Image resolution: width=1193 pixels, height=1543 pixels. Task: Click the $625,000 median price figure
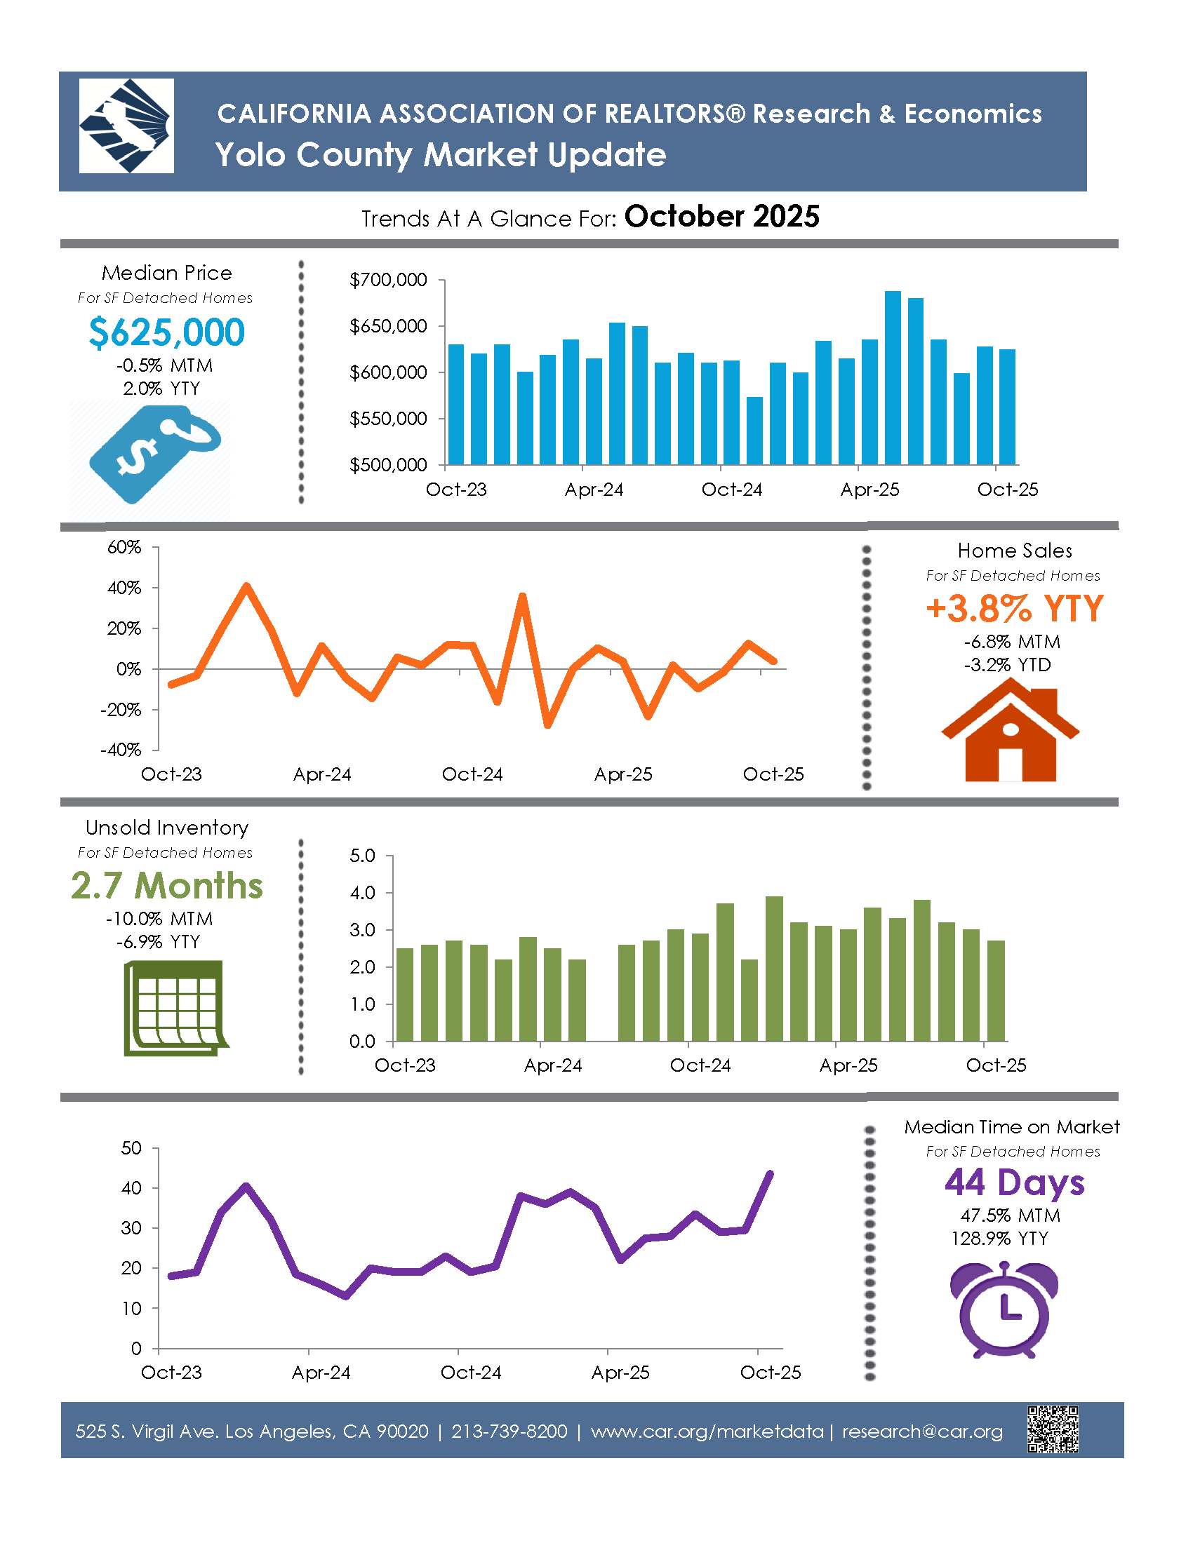coord(167,332)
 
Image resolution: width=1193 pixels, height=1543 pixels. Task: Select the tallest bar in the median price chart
coord(893,377)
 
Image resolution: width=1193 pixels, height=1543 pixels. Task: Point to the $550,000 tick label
coord(388,419)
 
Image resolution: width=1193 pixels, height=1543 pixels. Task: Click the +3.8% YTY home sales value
coord(1014,608)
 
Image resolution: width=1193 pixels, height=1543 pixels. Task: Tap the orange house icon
coord(1010,732)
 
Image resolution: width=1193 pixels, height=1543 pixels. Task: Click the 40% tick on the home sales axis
coord(124,588)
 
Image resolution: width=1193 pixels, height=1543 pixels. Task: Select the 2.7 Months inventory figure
coord(167,885)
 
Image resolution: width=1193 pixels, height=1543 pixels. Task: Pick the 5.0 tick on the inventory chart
coord(363,856)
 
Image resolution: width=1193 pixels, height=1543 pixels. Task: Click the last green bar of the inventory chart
coord(996,990)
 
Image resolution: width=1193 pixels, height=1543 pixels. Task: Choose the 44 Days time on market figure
coord(1014,1182)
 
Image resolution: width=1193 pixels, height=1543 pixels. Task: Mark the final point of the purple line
coord(770,1173)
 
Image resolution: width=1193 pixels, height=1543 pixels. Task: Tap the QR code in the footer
coord(1053,1429)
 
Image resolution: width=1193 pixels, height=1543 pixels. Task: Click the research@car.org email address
coord(922,1431)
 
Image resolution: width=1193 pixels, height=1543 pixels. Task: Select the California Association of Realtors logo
coord(126,126)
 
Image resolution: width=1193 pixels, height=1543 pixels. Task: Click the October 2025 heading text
coord(721,216)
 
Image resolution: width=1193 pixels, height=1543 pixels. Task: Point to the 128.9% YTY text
coord(999,1239)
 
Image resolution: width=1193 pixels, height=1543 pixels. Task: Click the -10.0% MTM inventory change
coord(159,919)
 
